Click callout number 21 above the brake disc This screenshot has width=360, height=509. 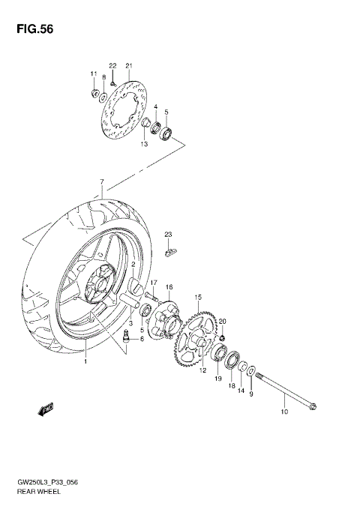[x=128, y=66]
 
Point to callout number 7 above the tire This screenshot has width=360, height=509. [x=100, y=181]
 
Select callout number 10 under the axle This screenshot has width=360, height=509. [x=284, y=412]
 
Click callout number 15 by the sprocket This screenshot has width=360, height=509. [x=198, y=298]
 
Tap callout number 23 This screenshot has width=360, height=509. [x=169, y=235]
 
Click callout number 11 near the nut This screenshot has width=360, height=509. [x=94, y=73]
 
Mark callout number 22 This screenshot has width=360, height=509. [x=112, y=66]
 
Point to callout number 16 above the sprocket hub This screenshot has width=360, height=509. [x=169, y=287]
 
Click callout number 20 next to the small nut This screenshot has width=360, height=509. [x=222, y=321]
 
